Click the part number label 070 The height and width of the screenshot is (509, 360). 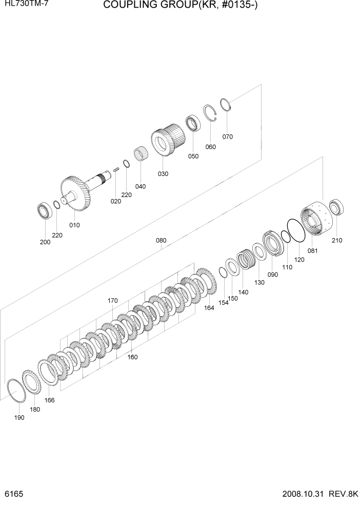228,136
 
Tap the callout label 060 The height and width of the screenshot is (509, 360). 210,147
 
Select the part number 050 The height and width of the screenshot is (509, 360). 193,156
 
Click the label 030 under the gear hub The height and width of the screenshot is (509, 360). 163,174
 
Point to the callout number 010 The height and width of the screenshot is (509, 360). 74,225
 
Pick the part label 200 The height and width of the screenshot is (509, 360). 45,242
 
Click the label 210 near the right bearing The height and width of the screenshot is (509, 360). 336,240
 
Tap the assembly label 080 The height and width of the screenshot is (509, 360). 161,240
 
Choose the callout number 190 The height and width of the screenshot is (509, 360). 19,418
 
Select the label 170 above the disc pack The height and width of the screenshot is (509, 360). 113,301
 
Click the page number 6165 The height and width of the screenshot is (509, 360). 11,497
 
